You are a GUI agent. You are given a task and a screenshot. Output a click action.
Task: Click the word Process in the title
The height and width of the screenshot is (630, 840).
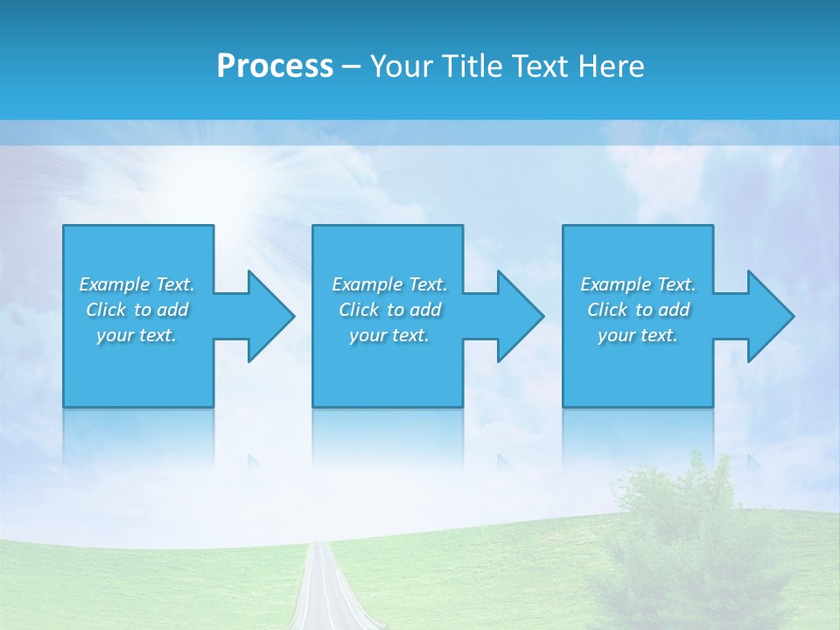[275, 66]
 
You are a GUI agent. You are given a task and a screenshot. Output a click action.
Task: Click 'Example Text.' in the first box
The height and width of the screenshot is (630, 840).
[136, 284]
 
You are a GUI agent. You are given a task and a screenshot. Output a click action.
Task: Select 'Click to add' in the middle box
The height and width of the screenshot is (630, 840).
[389, 310]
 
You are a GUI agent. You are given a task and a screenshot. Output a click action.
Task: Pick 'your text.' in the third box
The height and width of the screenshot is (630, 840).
[637, 335]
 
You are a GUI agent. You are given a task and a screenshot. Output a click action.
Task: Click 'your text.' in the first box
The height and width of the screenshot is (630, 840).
[136, 335]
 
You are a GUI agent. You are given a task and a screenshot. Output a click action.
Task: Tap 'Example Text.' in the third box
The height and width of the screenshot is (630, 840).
[637, 284]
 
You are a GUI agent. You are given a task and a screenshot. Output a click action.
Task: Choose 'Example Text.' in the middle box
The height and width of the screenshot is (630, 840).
[389, 284]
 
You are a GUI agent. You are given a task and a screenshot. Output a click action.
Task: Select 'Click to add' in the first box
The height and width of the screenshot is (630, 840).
[136, 310]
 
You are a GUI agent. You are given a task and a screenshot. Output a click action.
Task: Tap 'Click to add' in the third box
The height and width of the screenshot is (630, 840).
[637, 310]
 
